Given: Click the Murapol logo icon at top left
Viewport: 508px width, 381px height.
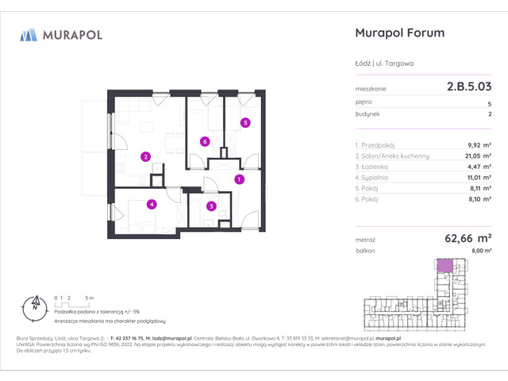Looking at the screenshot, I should click(x=29, y=34).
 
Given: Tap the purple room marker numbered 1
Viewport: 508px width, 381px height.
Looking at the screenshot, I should click(x=239, y=180).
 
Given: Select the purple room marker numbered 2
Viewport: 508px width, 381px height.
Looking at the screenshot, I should click(x=145, y=156).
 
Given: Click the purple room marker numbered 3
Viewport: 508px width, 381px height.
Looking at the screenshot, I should click(x=210, y=206).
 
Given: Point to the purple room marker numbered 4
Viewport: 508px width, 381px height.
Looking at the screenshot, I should click(x=151, y=204).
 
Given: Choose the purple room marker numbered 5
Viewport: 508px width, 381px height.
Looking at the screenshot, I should click(x=245, y=122).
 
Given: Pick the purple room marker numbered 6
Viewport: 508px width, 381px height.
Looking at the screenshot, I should click(x=205, y=142).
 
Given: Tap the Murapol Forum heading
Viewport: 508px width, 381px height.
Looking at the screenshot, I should click(x=397, y=33).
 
